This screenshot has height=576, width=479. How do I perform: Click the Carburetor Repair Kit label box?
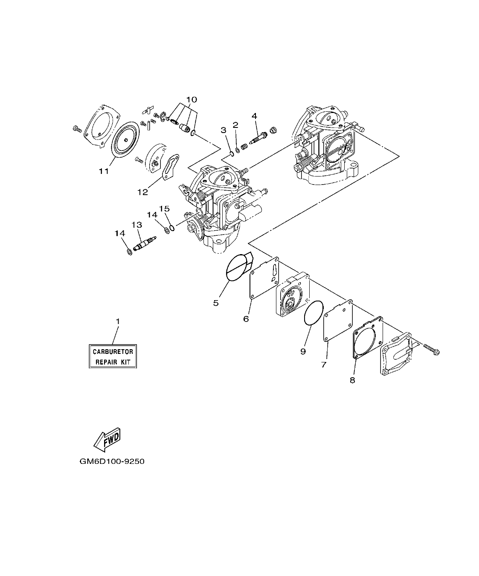click(113, 357)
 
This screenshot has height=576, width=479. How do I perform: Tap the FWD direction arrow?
click(107, 439)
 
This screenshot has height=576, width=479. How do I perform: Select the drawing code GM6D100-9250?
click(109, 461)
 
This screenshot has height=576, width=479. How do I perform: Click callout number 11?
click(104, 171)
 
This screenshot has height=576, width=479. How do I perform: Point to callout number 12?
click(142, 192)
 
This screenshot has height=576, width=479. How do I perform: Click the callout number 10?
click(192, 99)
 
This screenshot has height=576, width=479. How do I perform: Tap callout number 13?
click(136, 225)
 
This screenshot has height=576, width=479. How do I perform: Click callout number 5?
click(216, 303)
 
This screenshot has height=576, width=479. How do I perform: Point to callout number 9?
click(303, 351)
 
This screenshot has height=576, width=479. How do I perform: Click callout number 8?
click(352, 380)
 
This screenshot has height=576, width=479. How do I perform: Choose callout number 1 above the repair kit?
click(118, 321)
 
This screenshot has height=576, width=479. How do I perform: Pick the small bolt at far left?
click(77, 128)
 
